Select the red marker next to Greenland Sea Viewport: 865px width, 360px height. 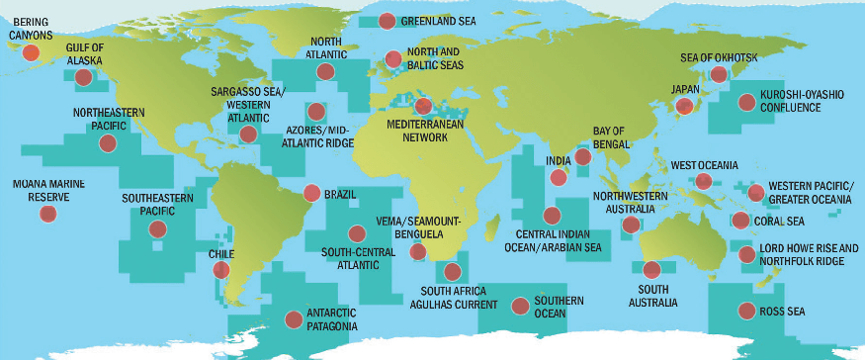[387, 21]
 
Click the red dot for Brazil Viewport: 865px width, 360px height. [311, 194]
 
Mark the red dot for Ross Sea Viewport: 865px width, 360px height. [744, 312]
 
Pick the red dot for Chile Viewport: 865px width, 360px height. [221, 268]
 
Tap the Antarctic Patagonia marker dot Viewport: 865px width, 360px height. [294, 318]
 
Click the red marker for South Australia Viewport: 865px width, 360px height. [651, 269]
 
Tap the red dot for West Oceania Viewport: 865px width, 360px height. [703, 181]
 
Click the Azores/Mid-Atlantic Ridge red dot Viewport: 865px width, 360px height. [316, 112]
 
